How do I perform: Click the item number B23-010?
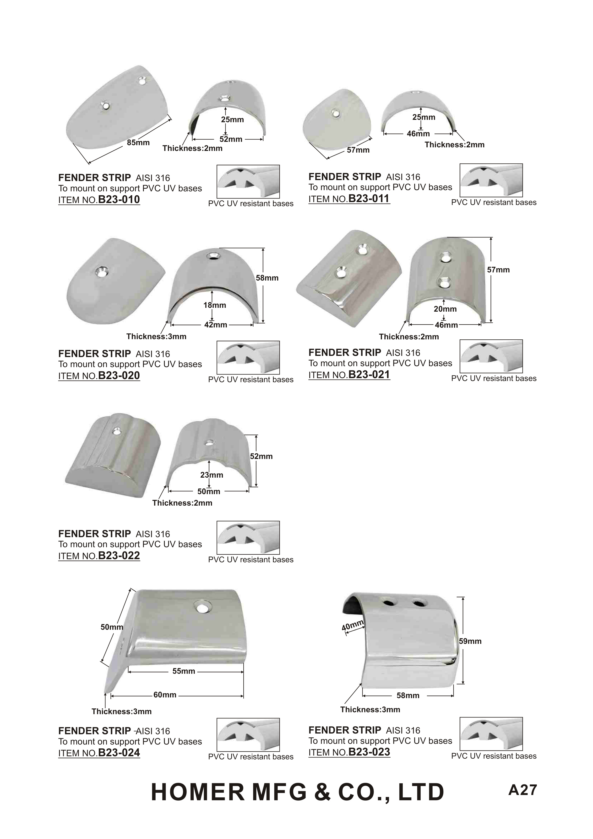(x=119, y=199)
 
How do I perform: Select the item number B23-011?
(x=369, y=199)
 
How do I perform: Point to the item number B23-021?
(x=369, y=374)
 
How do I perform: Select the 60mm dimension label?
(x=165, y=695)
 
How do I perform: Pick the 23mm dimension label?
(x=212, y=475)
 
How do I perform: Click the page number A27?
(x=522, y=790)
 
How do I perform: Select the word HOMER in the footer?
(x=197, y=792)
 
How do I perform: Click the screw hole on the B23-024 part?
(x=201, y=608)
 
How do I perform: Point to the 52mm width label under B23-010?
(x=231, y=139)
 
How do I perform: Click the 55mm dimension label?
(x=184, y=671)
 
